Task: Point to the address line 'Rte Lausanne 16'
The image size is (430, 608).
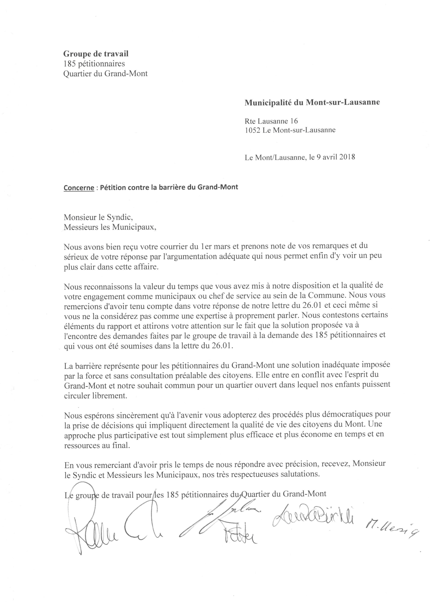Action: tap(271, 121)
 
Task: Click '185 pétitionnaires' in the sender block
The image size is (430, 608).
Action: tap(94, 64)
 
